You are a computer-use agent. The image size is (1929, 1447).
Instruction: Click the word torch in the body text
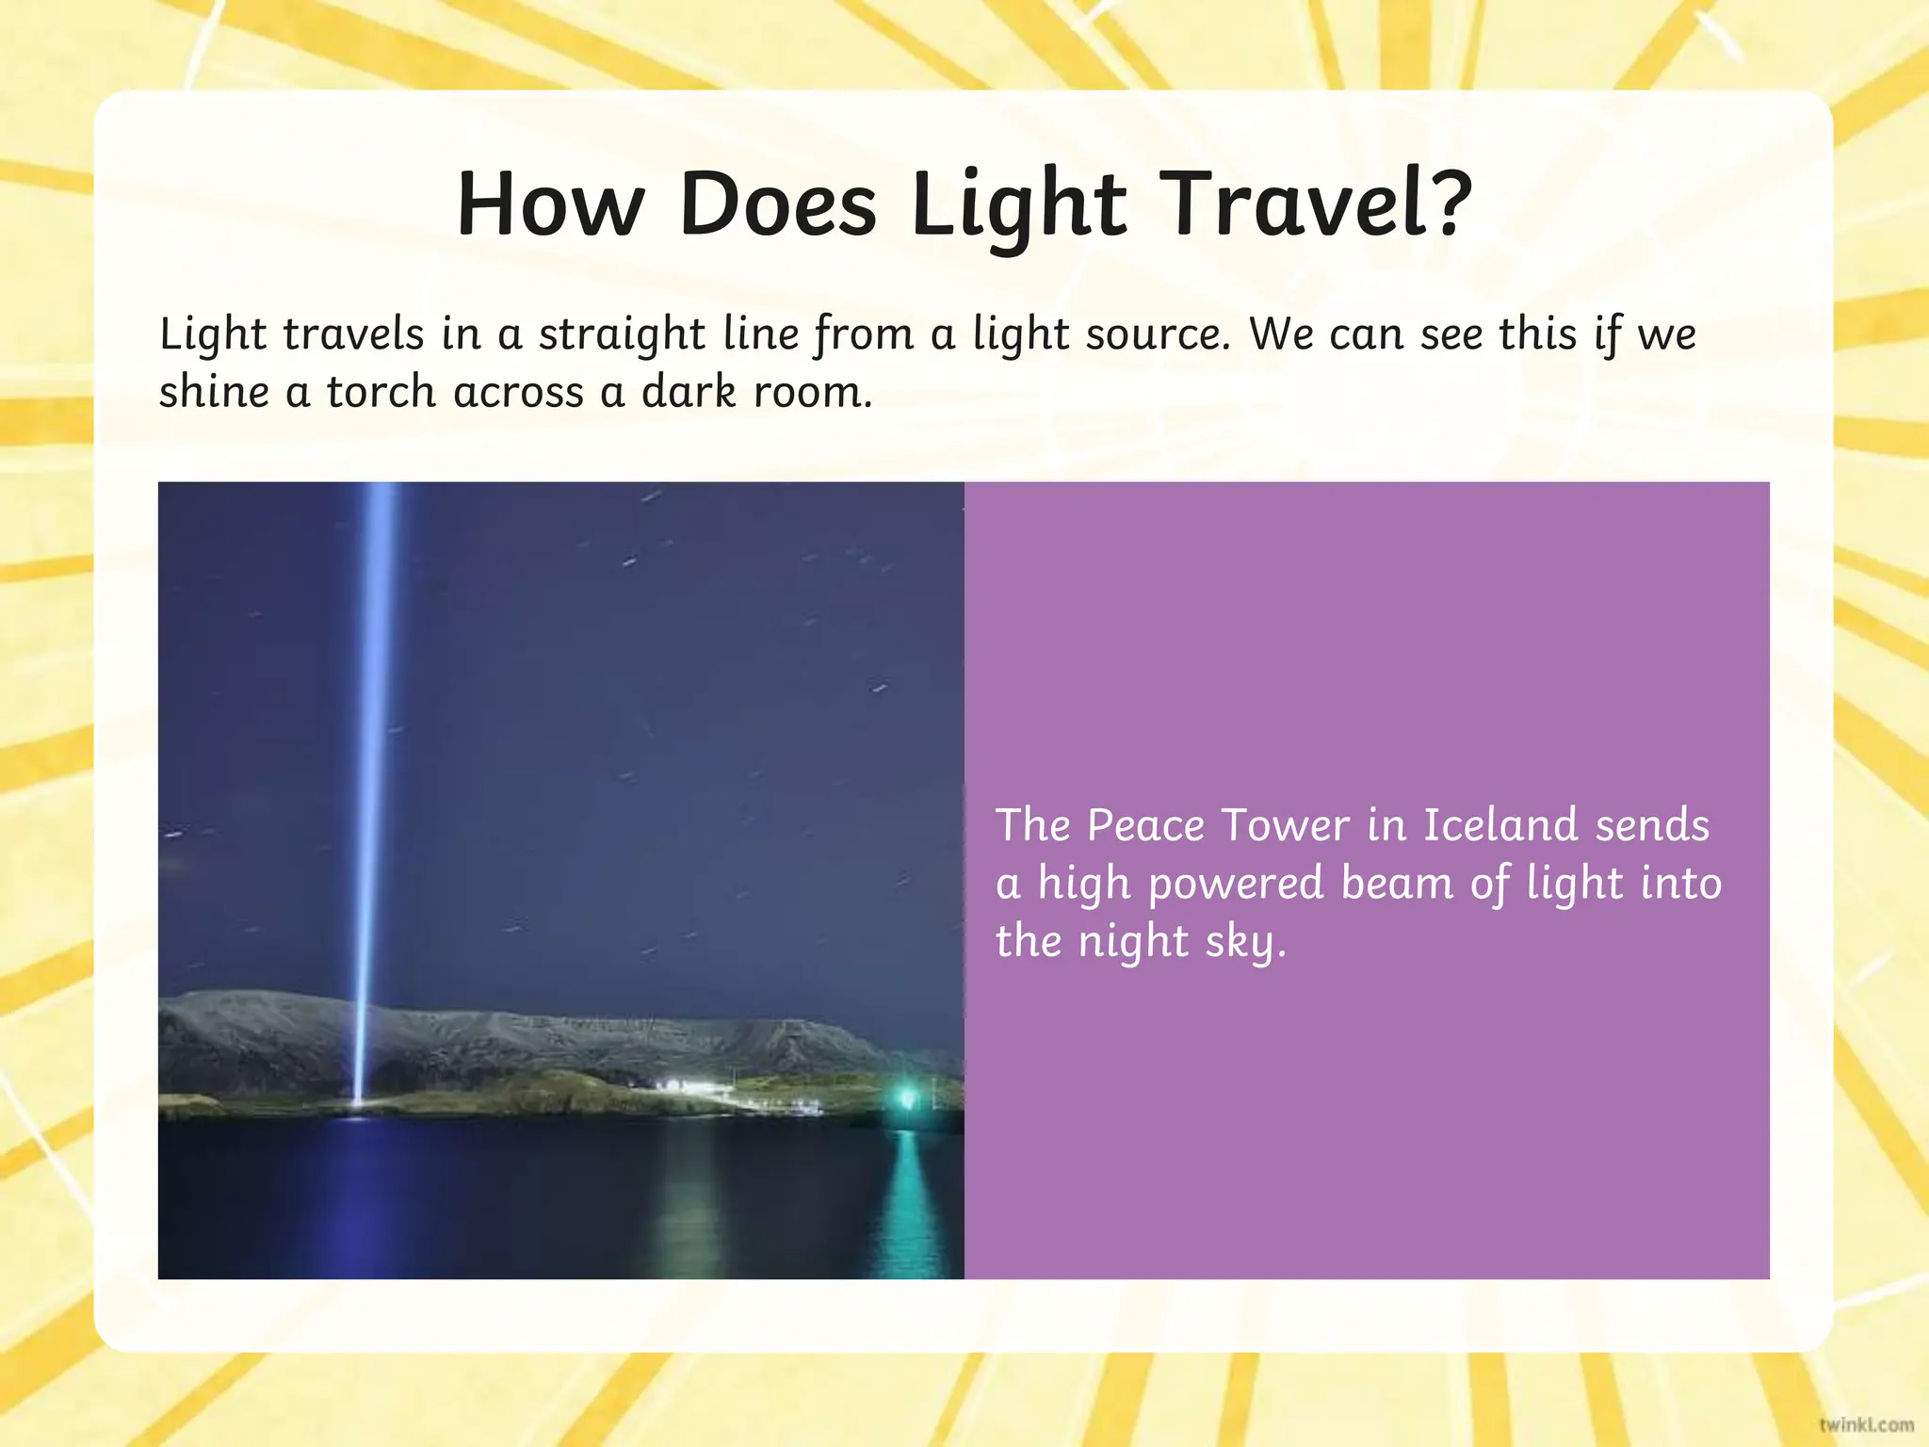click(381, 392)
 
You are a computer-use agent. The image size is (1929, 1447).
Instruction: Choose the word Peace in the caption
click(1145, 825)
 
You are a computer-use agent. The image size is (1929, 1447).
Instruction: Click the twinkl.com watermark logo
click(1865, 1424)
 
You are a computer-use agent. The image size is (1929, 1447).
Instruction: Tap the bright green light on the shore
click(908, 1097)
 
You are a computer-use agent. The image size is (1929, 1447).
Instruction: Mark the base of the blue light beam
click(357, 1104)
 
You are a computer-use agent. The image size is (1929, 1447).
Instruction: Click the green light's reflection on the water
click(908, 1196)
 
